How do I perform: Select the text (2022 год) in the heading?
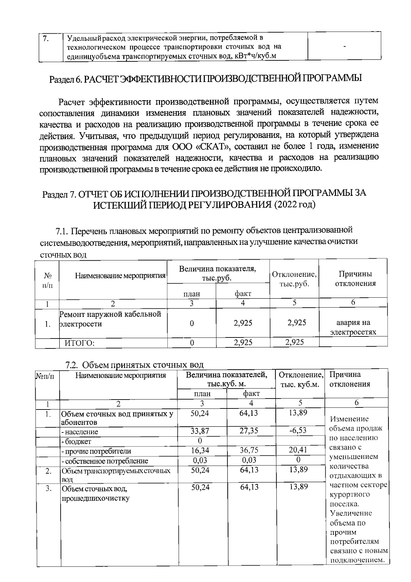click(294, 205)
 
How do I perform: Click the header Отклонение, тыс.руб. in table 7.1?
click(294, 279)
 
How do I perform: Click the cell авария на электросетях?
click(353, 327)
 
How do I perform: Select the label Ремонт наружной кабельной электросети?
click(110, 319)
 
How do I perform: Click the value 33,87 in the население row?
click(200, 431)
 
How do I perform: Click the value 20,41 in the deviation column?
click(297, 450)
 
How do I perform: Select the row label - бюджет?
click(76, 441)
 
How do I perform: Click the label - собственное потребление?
click(104, 461)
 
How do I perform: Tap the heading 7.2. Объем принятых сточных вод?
click(135, 365)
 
